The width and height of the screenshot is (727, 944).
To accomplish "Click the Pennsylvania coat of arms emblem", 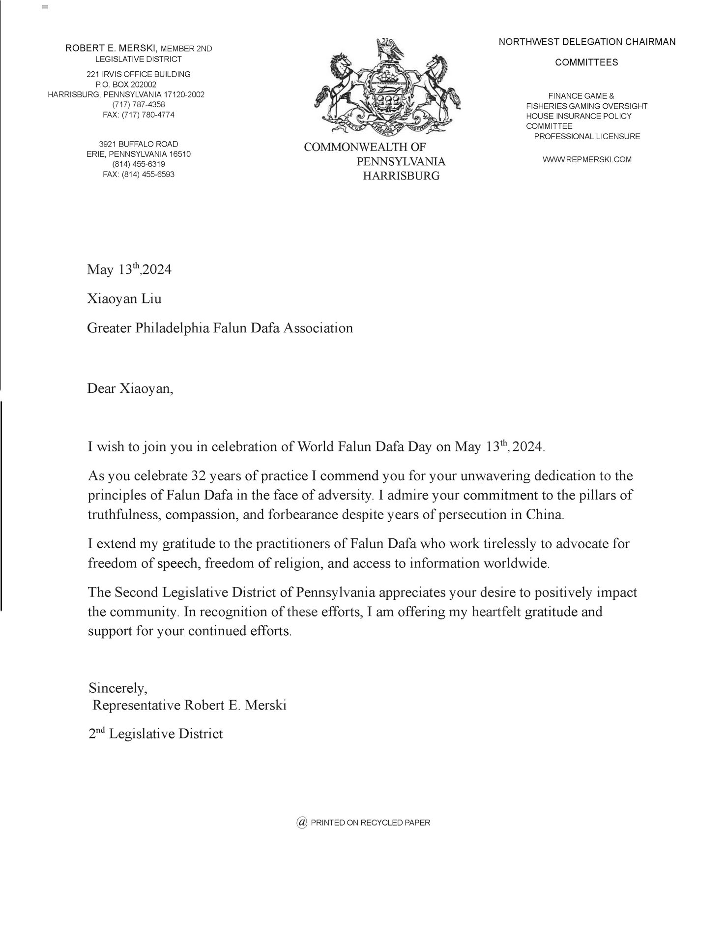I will pyautogui.click(x=388, y=86).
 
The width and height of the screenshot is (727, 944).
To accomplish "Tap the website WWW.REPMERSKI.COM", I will pyautogui.click(x=587, y=159).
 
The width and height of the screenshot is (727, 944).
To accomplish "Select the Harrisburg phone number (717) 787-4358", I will pyautogui.click(x=139, y=105).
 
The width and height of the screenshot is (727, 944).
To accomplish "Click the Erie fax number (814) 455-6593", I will pyautogui.click(x=139, y=174).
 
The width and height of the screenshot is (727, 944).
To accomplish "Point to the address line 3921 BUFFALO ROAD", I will pyautogui.click(x=139, y=144).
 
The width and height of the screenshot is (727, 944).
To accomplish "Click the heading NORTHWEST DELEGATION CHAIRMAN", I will pyautogui.click(x=587, y=42).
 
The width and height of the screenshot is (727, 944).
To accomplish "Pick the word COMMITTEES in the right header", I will pyautogui.click(x=586, y=63).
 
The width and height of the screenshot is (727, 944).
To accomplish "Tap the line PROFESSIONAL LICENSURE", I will pyautogui.click(x=587, y=136).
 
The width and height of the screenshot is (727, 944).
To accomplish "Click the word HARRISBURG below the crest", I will pyautogui.click(x=401, y=176).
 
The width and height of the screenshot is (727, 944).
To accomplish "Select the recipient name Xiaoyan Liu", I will pyautogui.click(x=124, y=298).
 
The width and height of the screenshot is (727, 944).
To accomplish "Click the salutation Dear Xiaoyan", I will pyautogui.click(x=130, y=389).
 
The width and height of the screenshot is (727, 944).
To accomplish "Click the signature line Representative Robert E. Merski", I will pyautogui.click(x=189, y=705).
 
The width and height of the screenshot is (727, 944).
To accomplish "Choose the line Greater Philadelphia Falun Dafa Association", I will pyautogui.click(x=220, y=328).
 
